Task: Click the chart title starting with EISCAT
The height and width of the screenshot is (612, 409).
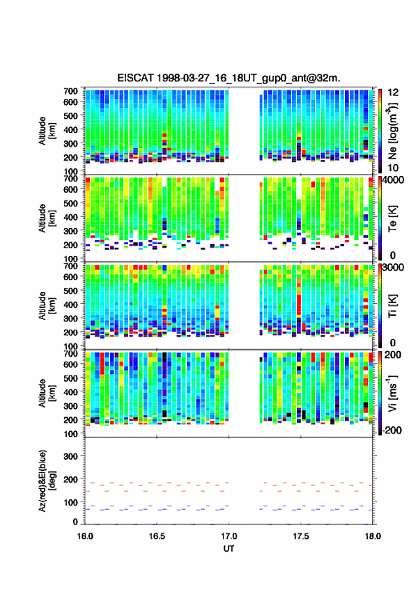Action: [229, 78]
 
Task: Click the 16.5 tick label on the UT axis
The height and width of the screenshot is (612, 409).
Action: [157, 536]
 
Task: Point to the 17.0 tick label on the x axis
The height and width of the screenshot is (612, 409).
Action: [229, 536]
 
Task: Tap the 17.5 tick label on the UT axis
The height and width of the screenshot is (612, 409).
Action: [301, 536]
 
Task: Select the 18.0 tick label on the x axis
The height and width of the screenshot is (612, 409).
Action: [373, 536]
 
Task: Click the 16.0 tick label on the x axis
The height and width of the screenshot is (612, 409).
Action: [85, 536]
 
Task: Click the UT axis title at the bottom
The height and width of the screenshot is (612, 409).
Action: [229, 549]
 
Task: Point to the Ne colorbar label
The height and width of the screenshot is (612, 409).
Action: [392, 131]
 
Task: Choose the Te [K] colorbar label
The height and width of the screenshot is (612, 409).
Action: [392, 218]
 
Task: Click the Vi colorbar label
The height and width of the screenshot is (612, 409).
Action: [392, 394]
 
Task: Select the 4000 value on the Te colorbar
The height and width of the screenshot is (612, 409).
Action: [393, 180]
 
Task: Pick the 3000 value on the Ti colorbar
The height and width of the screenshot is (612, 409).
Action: [393, 267]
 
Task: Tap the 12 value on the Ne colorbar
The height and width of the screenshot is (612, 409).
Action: [393, 92]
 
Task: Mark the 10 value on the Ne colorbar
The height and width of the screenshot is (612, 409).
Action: [393, 168]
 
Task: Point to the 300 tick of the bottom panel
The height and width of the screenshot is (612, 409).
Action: [70, 456]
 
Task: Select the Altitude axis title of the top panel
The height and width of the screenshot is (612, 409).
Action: [47, 131]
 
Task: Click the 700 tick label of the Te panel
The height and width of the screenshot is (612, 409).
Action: [70, 179]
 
